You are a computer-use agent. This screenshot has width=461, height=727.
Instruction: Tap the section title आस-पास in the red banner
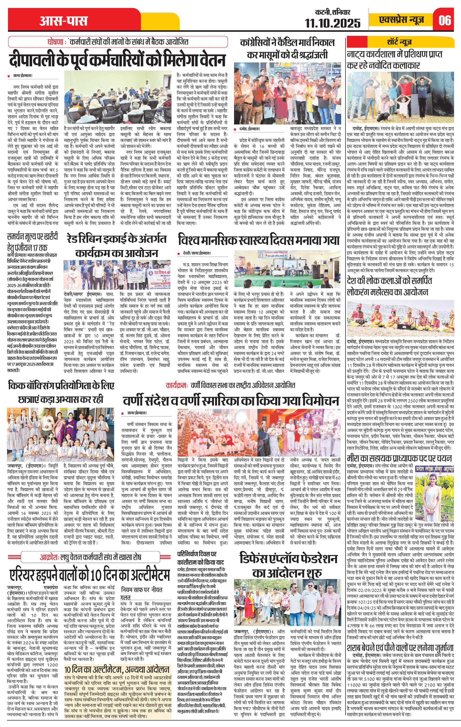[63, 21]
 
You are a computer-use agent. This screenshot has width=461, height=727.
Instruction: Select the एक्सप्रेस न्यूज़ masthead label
[402, 20]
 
